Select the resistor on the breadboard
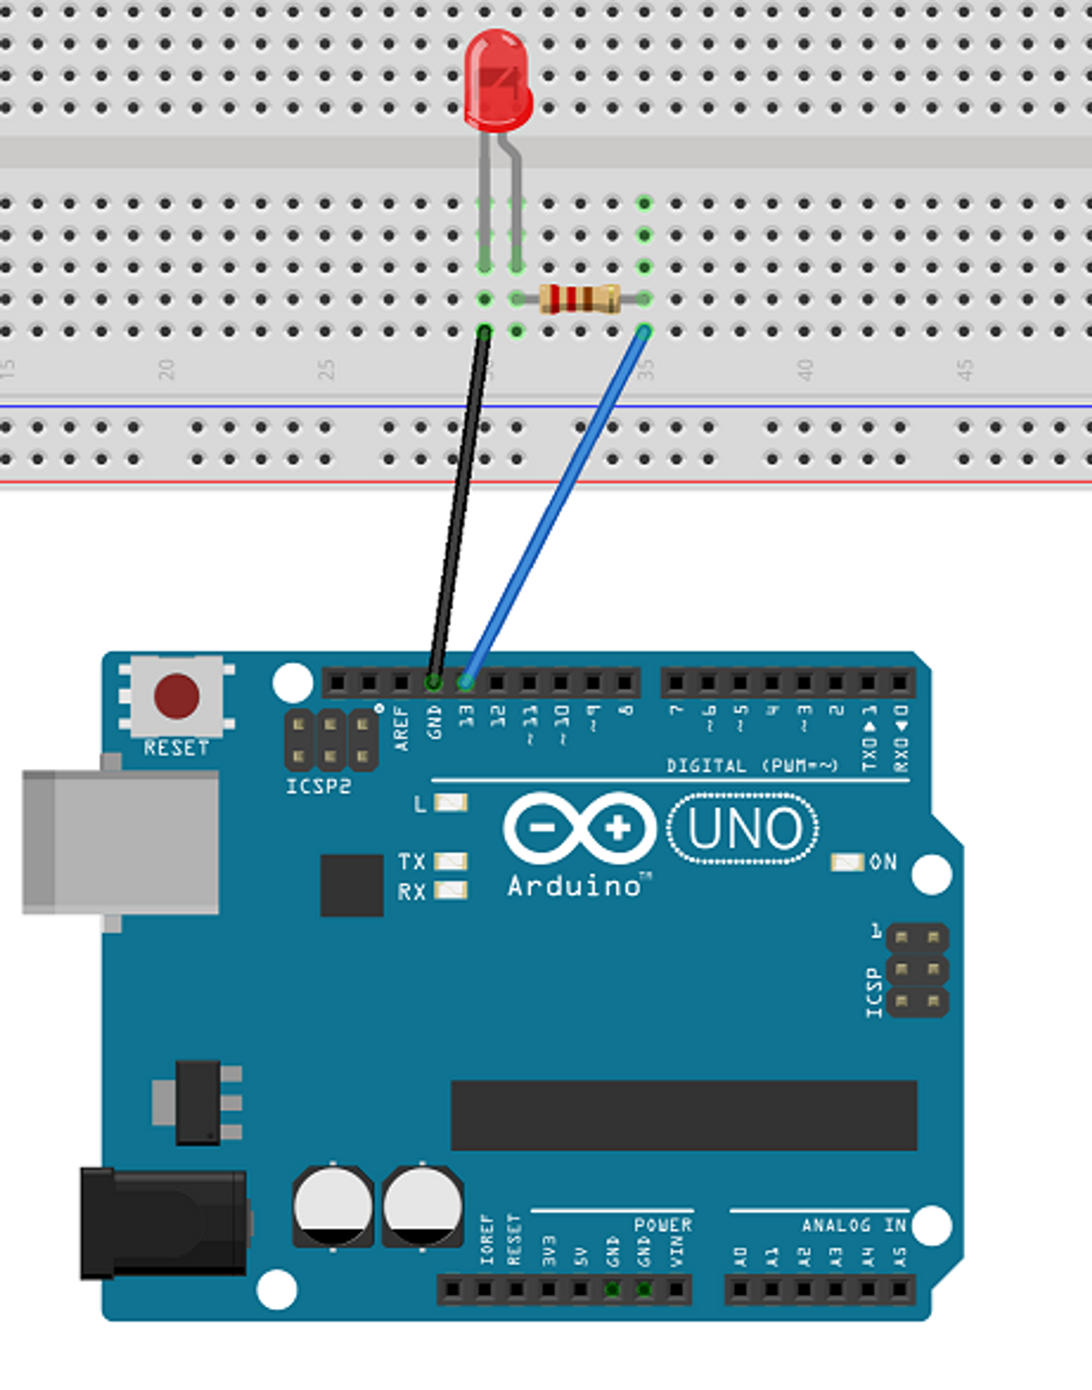(579, 299)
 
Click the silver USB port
(121, 842)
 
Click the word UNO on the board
(743, 828)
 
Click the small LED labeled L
(451, 803)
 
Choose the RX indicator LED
(451, 890)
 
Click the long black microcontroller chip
(684, 1115)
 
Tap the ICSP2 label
(318, 787)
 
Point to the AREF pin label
(401, 728)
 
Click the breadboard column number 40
(805, 370)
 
